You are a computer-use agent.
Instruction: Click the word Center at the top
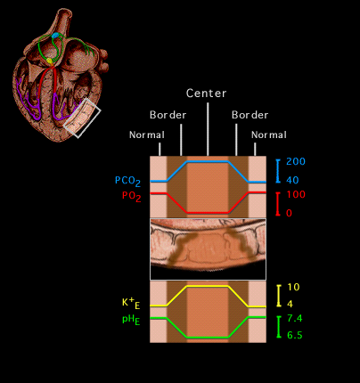coord(206,94)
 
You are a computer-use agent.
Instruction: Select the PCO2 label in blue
coord(127,181)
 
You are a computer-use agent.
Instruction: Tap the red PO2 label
coord(132,196)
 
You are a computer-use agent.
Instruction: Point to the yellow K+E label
coord(131,304)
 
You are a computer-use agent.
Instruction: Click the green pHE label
coord(131,321)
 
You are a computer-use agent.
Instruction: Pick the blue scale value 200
coord(296,161)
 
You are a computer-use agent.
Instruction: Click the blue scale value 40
coord(293,180)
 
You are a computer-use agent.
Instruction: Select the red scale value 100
coord(296,194)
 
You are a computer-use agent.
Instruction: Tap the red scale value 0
coord(289,213)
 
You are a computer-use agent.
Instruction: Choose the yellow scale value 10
coord(293,287)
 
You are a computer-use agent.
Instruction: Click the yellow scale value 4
coord(290,304)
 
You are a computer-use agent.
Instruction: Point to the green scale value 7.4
coord(295,318)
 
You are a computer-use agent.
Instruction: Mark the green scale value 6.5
coord(295,335)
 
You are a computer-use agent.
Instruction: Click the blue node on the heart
coord(55,36)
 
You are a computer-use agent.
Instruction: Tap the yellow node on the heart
coord(49,61)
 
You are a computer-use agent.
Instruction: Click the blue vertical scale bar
coord(278,171)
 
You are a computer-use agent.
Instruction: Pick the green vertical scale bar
coord(279,327)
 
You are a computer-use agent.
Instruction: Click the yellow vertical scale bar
coord(279,296)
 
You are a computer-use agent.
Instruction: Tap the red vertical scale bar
coord(278,204)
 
